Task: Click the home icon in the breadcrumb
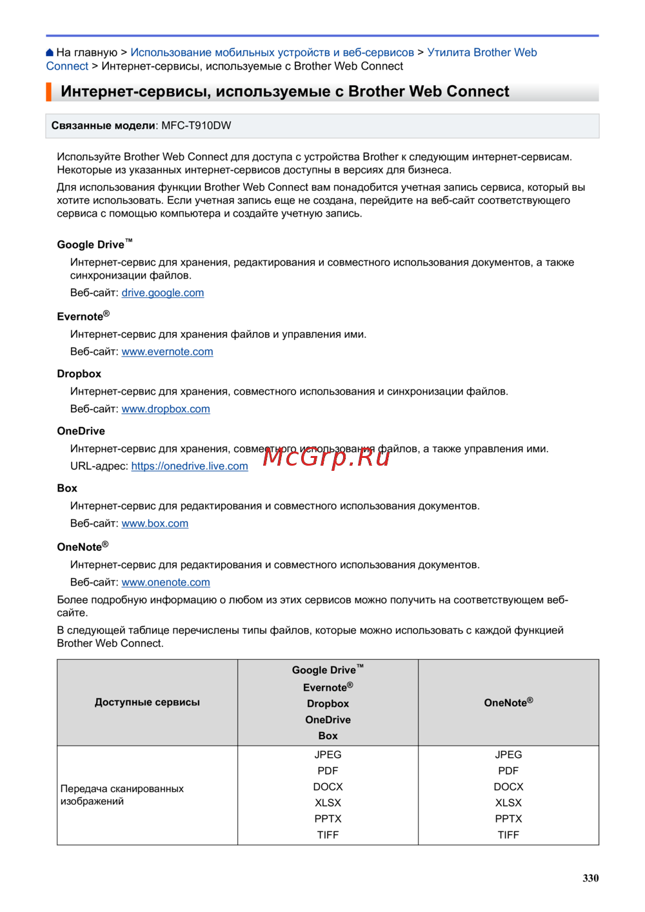[50, 52]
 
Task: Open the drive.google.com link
[163, 293]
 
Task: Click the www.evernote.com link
[167, 352]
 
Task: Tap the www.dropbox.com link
[166, 409]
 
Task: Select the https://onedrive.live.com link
[190, 466]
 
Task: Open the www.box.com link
[155, 524]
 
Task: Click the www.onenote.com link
[166, 582]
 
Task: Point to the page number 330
[590, 878]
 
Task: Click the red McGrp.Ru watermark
[326, 457]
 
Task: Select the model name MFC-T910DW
[196, 126]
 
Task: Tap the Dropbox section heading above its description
[79, 374]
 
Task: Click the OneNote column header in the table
[508, 702]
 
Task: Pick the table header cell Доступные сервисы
[147, 702]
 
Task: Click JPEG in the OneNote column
[508, 755]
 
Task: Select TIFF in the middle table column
[328, 835]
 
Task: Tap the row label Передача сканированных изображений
[122, 795]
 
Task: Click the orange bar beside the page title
[48, 92]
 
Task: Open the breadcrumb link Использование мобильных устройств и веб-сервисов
[272, 52]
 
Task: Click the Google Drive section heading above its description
[91, 244]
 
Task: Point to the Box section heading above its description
[67, 488]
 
